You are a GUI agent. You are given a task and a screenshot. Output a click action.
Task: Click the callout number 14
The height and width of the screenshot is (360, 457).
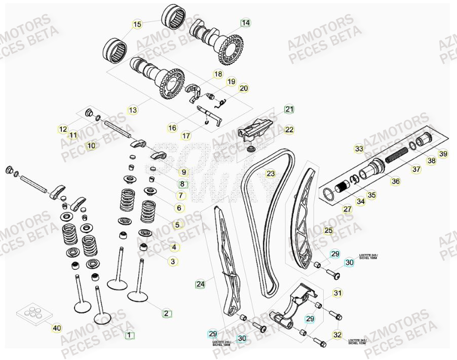pyautogui.click(x=245, y=23)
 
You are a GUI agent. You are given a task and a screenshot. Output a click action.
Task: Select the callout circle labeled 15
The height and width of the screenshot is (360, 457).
pyautogui.click(x=137, y=24)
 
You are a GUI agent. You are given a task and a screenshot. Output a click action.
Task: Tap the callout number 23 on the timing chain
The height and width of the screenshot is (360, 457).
pyautogui.click(x=271, y=174)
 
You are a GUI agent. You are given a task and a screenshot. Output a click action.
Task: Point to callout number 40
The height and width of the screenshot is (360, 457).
pyautogui.click(x=57, y=328)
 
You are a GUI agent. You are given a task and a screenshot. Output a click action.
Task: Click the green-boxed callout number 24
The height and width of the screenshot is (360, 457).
pyautogui.click(x=201, y=284)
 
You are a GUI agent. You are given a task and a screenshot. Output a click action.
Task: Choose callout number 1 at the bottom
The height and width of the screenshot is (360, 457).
pyautogui.click(x=129, y=335)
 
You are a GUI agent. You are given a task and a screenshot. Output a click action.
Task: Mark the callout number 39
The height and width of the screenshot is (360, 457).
pyautogui.click(x=443, y=154)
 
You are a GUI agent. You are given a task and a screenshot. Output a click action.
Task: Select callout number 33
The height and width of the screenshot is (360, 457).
pyautogui.click(x=359, y=149)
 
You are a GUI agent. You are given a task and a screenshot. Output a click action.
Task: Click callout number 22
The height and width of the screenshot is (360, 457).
pyautogui.click(x=289, y=130)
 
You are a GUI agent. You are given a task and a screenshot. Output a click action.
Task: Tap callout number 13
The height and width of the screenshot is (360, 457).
pyautogui.click(x=133, y=110)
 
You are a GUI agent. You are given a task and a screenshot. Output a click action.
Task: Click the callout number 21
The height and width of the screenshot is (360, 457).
pyautogui.click(x=289, y=109)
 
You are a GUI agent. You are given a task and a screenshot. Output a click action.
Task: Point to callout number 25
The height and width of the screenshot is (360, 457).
pyautogui.click(x=328, y=231)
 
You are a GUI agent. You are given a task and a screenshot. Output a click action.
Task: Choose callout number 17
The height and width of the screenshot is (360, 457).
pyautogui.click(x=186, y=136)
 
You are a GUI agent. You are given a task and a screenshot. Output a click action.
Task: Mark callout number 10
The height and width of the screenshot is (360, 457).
pyautogui.click(x=91, y=146)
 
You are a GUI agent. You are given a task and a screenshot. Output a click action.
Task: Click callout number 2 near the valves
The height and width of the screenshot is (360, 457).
pyautogui.click(x=166, y=313)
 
